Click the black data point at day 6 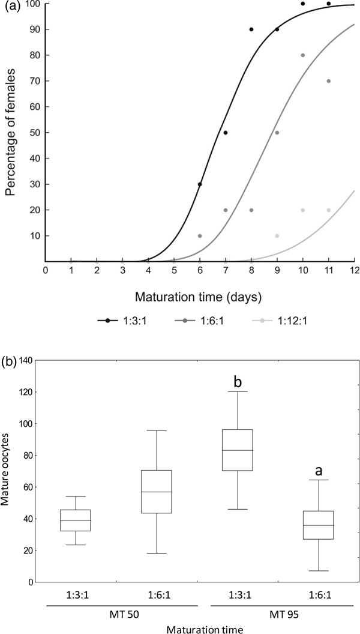pyautogui.click(x=200, y=184)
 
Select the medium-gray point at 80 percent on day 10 pyautogui.click(x=302, y=55)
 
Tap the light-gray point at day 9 pyautogui.click(x=277, y=236)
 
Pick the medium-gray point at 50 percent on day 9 pyautogui.click(x=277, y=133)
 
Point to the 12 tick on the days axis pyautogui.click(x=353, y=271)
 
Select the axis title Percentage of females pyautogui.click(x=10, y=133)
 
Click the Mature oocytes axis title pyautogui.click(x=7, y=471)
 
